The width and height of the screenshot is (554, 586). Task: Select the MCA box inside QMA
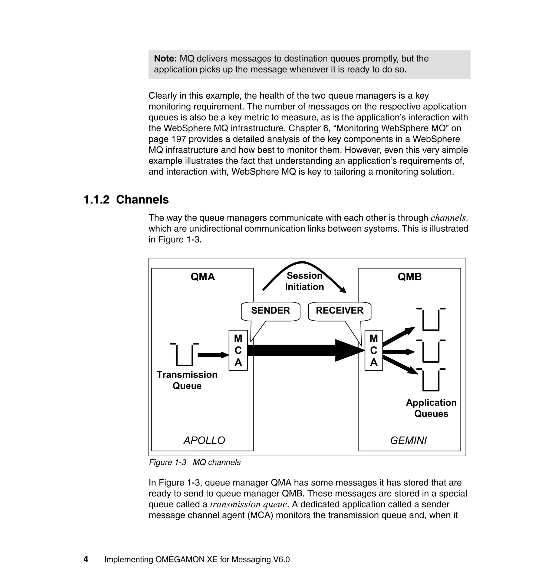click(238, 350)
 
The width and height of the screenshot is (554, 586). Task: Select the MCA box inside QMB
click(374, 350)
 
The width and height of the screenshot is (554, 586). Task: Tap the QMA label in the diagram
click(203, 277)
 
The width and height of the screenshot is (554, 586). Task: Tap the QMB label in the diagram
click(410, 277)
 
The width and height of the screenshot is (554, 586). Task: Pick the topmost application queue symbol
click(431, 320)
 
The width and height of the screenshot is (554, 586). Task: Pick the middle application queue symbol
click(431, 352)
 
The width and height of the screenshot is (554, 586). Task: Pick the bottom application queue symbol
click(431, 380)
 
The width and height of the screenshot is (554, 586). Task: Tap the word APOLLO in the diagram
click(204, 441)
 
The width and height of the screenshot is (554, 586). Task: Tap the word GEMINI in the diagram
click(408, 441)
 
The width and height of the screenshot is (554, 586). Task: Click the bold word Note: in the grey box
click(165, 58)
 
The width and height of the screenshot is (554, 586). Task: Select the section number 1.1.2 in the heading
click(96, 200)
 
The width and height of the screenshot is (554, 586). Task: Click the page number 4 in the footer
click(86, 559)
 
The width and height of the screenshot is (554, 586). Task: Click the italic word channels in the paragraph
click(448, 218)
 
